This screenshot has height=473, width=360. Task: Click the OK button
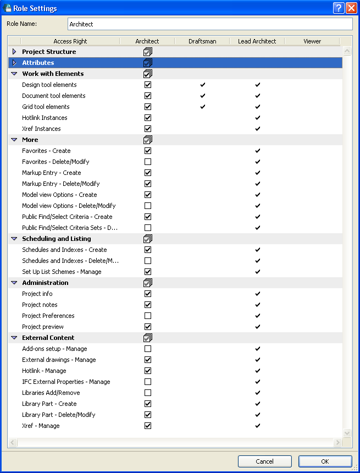coord(325,461)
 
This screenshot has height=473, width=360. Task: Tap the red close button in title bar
coord(351,8)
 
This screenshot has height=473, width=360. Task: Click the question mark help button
coord(339,8)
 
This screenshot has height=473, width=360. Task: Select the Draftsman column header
coord(202,41)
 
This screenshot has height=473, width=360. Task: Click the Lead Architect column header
coord(257,41)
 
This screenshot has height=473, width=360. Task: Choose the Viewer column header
coord(312,41)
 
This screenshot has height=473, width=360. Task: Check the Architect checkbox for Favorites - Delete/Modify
coord(147,162)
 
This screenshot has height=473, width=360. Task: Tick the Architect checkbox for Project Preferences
coord(147,316)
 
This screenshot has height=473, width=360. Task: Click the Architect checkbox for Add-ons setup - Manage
coord(147,349)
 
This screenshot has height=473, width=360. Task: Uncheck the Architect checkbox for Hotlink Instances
coord(147,118)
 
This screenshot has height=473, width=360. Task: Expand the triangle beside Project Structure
coord(14,52)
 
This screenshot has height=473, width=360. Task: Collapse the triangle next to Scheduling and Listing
coord(14,239)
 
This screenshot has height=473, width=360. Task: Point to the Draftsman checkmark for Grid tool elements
coord(202,107)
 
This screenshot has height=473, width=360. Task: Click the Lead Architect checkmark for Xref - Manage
coord(257,426)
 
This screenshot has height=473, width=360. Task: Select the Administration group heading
coord(45,283)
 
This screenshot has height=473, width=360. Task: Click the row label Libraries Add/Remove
coord(51,393)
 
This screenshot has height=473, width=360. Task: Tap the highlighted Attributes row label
coord(38,63)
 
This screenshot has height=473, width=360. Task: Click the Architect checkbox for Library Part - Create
coord(147,404)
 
